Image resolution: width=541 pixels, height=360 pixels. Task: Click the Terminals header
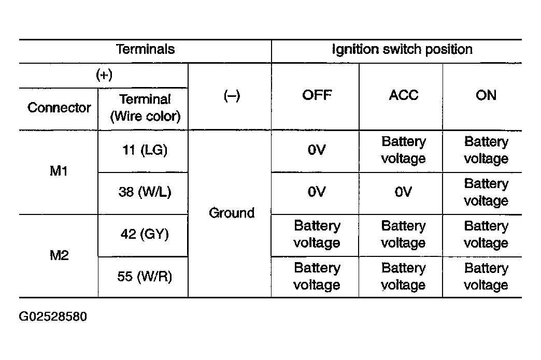(x=145, y=49)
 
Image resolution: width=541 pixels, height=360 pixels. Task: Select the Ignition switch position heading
(x=402, y=50)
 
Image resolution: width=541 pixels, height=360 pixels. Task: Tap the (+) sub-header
(x=104, y=75)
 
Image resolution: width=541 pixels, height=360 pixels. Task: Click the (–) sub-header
(x=232, y=95)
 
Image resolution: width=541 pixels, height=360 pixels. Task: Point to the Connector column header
(x=59, y=108)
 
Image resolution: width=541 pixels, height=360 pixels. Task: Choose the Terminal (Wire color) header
(x=145, y=108)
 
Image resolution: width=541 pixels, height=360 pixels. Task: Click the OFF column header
(x=317, y=95)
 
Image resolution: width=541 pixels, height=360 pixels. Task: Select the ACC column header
(x=403, y=95)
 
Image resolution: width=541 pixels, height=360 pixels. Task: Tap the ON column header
(x=486, y=95)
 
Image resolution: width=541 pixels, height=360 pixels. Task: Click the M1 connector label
(x=59, y=171)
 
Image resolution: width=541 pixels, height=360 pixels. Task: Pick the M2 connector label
(x=59, y=255)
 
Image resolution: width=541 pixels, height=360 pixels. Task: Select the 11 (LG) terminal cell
(x=145, y=150)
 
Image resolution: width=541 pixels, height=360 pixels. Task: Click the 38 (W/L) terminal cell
(x=145, y=192)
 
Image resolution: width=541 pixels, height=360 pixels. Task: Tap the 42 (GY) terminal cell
(x=145, y=234)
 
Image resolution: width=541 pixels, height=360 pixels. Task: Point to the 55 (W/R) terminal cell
(x=145, y=276)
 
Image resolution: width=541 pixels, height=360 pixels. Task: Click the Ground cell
(x=232, y=213)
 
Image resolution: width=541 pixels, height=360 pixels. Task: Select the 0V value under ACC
(x=403, y=192)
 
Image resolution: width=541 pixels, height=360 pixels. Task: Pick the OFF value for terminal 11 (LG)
(x=317, y=150)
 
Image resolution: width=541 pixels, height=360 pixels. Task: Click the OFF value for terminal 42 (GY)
(x=317, y=234)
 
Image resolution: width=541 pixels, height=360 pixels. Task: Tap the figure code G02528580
(x=53, y=316)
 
